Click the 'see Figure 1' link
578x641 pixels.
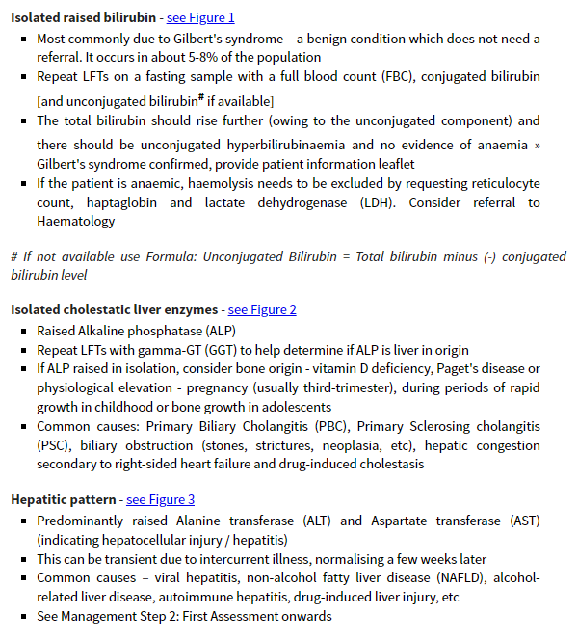click(200, 17)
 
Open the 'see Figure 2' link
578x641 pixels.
click(262, 309)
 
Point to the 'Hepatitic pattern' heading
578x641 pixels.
click(64, 499)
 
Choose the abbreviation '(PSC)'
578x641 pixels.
click(54, 445)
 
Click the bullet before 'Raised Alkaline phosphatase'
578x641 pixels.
click(25, 330)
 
